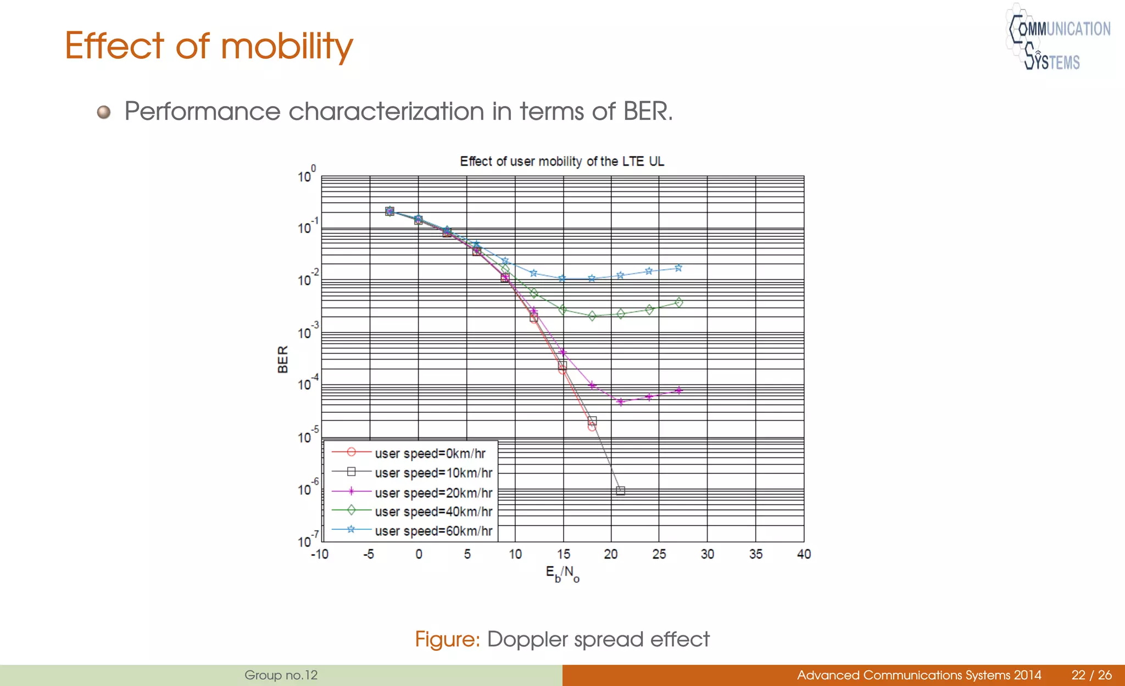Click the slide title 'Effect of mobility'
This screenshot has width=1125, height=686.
[209, 46]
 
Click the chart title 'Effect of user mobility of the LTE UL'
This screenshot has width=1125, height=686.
[561, 161]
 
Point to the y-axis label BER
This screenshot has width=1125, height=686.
[283, 359]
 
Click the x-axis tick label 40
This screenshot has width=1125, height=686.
[804, 554]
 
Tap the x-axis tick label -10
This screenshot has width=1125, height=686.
[320, 554]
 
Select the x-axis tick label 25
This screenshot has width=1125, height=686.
[659, 554]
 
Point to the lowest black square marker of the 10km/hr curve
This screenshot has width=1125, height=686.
[620, 491]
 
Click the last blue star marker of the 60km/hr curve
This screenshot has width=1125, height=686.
[678, 268]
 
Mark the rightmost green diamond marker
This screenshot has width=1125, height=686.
[679, 302]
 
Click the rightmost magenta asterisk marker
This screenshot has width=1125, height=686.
[679, 390]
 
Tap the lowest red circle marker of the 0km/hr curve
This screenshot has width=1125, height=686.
[592, 427]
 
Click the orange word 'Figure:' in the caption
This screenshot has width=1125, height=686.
[447, 639]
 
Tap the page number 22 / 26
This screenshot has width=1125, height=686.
[1091, 675]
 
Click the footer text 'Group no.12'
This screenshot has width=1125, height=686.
[281, 675]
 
